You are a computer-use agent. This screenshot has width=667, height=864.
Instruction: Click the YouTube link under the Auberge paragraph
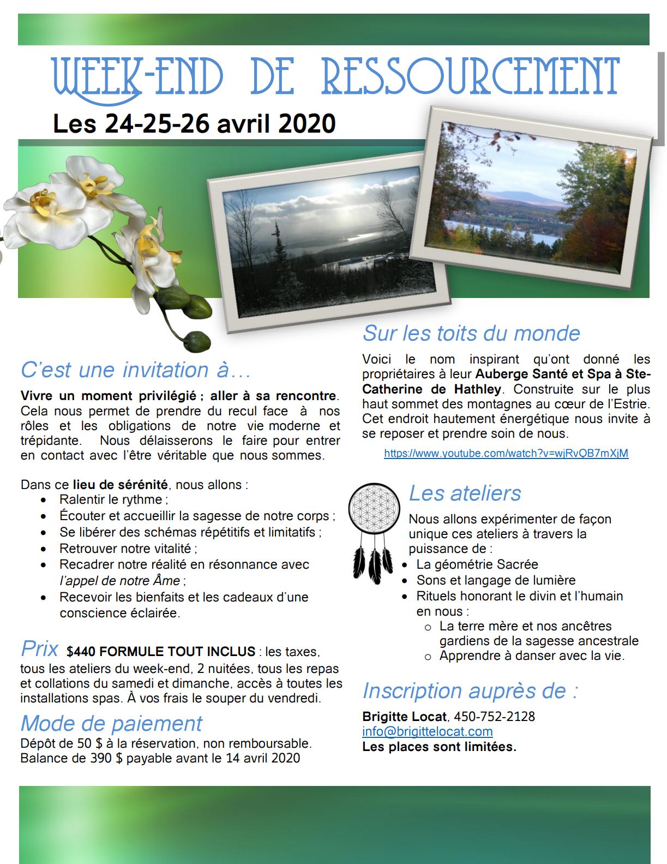[x=506, y=453]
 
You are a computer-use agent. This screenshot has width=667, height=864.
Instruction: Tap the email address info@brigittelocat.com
[x=427, y=731]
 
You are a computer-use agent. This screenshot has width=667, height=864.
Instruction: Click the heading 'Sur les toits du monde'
[x=471, y=333]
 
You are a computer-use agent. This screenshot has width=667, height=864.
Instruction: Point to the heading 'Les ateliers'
[x=465, y=493]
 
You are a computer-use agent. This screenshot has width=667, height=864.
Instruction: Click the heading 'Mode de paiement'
[x=111, y=723]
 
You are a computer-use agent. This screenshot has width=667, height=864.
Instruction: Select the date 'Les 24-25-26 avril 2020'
[x=194, y=123]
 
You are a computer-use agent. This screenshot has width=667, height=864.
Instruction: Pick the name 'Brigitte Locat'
[x=404, y=716]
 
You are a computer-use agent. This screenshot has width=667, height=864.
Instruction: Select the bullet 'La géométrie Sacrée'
[x=477, y=564]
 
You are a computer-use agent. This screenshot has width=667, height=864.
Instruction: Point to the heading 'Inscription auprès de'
[x=470, y=690]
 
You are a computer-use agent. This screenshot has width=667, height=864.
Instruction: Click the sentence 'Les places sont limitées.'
[x=439, y=747]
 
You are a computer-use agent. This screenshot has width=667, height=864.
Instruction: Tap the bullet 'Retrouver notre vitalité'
[x=127, y=548]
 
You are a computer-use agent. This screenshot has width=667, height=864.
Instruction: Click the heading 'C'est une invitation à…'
[x=136, y=370]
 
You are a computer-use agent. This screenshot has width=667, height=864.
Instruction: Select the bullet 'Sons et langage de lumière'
[x=495, y=580]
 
